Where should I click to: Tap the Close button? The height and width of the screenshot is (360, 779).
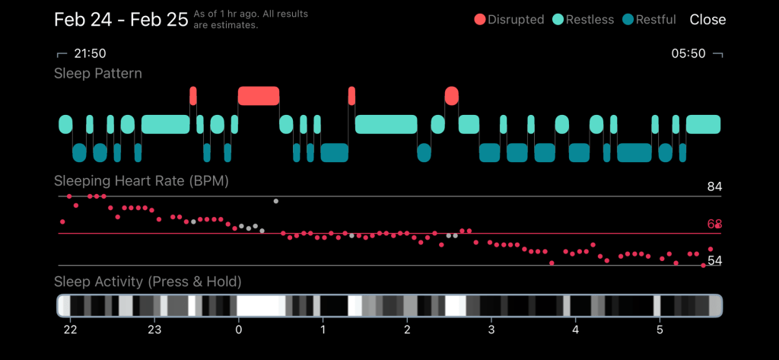[x=707, y=20]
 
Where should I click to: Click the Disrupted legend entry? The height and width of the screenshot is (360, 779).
[x=509, y=20]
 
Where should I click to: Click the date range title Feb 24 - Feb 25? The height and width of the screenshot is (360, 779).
[x=121, y=20]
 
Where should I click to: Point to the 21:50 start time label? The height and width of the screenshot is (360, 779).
[x=89, y=54]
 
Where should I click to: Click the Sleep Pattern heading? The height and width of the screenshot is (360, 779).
[x=98, y=74]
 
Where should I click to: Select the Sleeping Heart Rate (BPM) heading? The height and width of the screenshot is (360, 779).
[x=141, y=181]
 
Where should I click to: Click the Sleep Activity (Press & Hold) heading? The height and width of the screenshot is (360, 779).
[x=148, y=282]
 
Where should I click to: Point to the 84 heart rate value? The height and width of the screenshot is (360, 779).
[x=714, y=187]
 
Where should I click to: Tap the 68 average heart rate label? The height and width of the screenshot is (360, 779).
[x=714, y=225]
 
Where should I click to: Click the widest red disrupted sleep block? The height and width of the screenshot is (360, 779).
[x=259, y=96]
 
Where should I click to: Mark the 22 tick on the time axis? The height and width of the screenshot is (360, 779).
[x=70, y=330]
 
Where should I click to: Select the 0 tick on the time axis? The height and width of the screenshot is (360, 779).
[x=239, y=330]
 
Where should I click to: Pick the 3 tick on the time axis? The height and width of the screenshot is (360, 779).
[x=491, y=330]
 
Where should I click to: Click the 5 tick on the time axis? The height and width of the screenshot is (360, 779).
[x=660, y=330]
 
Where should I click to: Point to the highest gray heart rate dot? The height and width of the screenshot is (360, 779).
[x=276, y=201]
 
